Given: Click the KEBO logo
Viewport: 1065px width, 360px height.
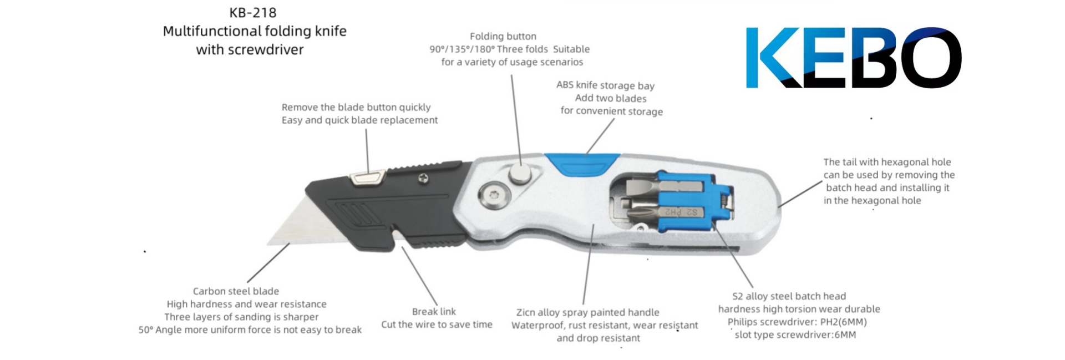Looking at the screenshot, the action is coord(853,58).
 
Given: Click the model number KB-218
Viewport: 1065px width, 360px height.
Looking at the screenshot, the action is coord(252,12).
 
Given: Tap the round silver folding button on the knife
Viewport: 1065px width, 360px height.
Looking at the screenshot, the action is coord(520,174).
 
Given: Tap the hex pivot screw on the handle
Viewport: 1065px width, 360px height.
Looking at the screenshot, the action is coord(490,195).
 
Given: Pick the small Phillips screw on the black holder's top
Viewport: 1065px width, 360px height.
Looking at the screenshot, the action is coord(423,178).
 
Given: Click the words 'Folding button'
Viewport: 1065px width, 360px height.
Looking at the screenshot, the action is coord(503,37).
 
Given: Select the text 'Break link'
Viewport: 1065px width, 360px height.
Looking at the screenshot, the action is coord(434,312).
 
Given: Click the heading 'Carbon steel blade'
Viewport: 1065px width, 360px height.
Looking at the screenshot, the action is coord(236,291).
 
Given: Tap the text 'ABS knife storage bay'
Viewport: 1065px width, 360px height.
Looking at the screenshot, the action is coord(605,85).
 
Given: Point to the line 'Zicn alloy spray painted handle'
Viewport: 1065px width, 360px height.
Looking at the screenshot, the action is coord(587,312).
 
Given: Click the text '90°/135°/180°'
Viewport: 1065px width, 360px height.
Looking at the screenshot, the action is coord(462,49).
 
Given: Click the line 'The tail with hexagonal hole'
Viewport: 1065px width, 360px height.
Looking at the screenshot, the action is coord(886,162).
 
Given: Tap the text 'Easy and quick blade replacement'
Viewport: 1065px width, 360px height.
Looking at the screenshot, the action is coord(359,120).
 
